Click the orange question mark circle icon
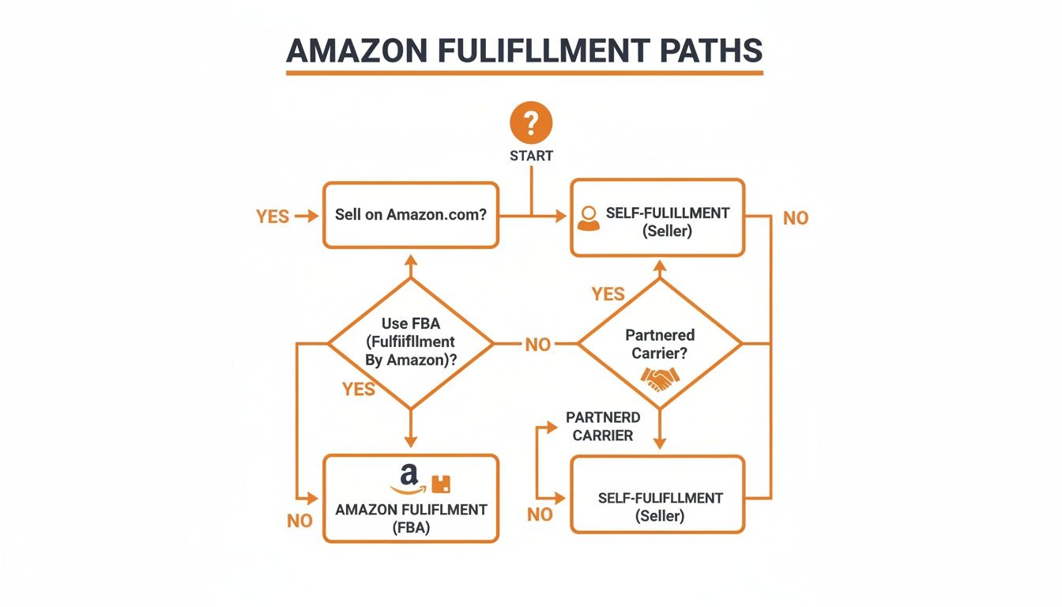(x=531, y=123)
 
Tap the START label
(x=531, y=156)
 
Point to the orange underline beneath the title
(x=525, y=73)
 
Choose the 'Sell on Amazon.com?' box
(x=410, y=215)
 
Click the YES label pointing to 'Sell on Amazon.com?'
(x=273, y=217)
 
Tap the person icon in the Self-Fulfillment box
(x=589, y=218)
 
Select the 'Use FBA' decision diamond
(x=410, y=344)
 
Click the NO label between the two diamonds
(x=537, y=345)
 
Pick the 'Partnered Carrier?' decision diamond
(x=660, y=344)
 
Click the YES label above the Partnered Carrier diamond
(x=608, y=294)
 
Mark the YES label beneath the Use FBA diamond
(x=359, y=389)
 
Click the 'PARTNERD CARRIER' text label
(x=603, y=426)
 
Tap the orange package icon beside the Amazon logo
(x=441, y=484)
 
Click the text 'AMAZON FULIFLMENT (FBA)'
(x=411, y=518)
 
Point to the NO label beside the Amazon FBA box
(x=299, y=522)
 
